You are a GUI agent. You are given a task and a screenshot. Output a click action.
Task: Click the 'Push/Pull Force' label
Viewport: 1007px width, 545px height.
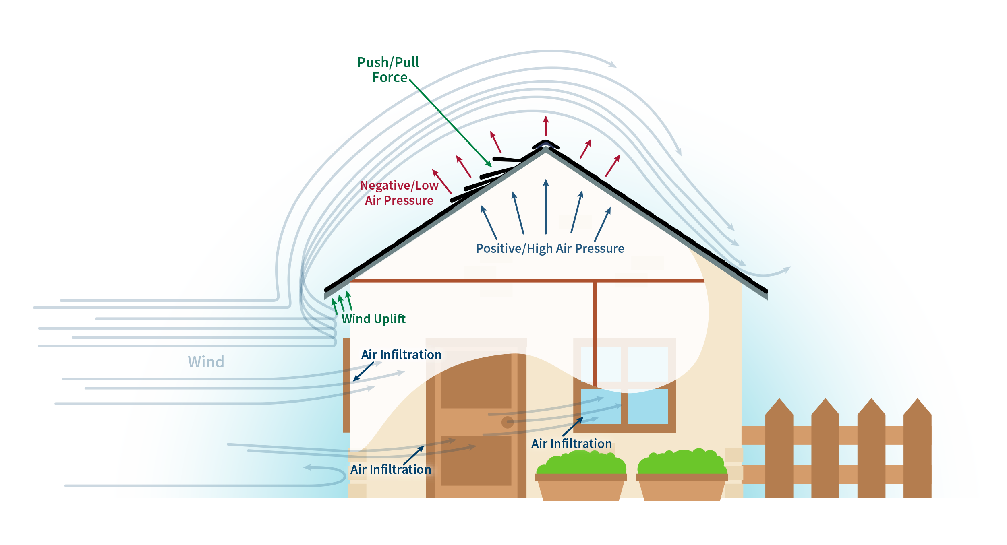pyautogui.click(x=388, y=70)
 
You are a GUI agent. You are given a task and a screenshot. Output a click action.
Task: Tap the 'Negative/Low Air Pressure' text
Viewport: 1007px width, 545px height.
pyautogui.click(x=399, y=193)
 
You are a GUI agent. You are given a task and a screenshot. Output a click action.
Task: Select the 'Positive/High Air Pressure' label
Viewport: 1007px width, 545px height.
pyautogui.click(x=550, y=248)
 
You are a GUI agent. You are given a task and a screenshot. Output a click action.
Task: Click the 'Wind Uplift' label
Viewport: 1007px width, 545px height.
pyautogui.click(x=373, y=319)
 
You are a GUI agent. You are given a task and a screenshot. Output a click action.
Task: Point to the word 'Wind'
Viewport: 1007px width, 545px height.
pyautogui.click(x=206, y=362)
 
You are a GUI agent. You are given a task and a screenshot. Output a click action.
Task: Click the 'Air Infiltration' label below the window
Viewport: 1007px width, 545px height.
pyautogui.click(x=571, y=444)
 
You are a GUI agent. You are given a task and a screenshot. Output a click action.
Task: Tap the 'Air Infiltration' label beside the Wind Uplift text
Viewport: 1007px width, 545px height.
pyautogui.click(x=401, y=355)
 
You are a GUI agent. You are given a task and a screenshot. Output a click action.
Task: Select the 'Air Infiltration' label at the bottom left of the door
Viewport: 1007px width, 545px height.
pyautogui.click(x=390, y=469)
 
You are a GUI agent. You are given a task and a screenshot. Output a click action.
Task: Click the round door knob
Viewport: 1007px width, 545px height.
pyautogui.click(x=507, y=422)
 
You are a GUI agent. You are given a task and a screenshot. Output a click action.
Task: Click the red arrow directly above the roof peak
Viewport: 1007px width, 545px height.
pyautogui.click(x=546, y=125)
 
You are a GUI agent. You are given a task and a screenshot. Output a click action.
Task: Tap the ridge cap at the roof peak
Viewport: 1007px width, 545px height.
pyautogui.click(x=545, y=144)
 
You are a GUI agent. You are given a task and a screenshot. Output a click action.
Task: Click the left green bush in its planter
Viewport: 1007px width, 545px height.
pyautogui.click(x=582, y=463)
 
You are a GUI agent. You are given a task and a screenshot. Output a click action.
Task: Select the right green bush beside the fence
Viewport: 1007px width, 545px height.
pyautogui.click(x=682, y=463)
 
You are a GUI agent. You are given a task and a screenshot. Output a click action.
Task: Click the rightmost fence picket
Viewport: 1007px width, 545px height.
pyautogui.click(x=917, y=451)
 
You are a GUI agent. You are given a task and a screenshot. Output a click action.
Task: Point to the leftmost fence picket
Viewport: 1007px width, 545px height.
pyautogui.click(x=779, y=451)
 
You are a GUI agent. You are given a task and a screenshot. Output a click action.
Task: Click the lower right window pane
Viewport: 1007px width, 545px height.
pyautogui.click(x=648, y=407)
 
